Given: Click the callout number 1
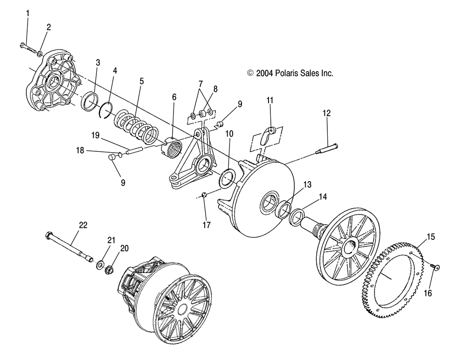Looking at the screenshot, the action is coord(28,13).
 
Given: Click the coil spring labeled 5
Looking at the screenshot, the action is coord(136,127).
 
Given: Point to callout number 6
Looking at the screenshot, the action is coord(174,97).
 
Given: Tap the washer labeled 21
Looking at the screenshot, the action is coord(101,265).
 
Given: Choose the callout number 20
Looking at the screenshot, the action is coord(124,248).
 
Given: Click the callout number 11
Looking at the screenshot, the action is coord(269,100).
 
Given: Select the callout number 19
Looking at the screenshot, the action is coord(95,135).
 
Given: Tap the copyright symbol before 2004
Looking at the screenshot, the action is coord(250,73).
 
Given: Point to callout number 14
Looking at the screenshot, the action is coord(323,197).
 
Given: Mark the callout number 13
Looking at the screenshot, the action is coord(308,184).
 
